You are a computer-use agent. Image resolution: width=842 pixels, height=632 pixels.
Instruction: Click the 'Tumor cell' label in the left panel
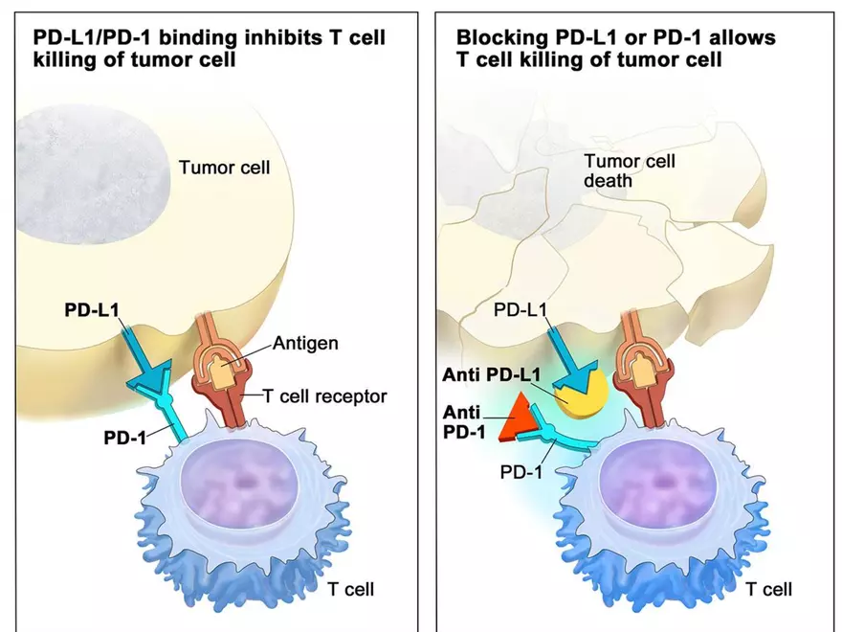click(225, 168)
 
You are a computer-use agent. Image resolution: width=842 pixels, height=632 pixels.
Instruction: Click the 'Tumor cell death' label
click(630, 170)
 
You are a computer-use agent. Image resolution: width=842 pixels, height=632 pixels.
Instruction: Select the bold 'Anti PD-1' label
click(464, 420)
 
